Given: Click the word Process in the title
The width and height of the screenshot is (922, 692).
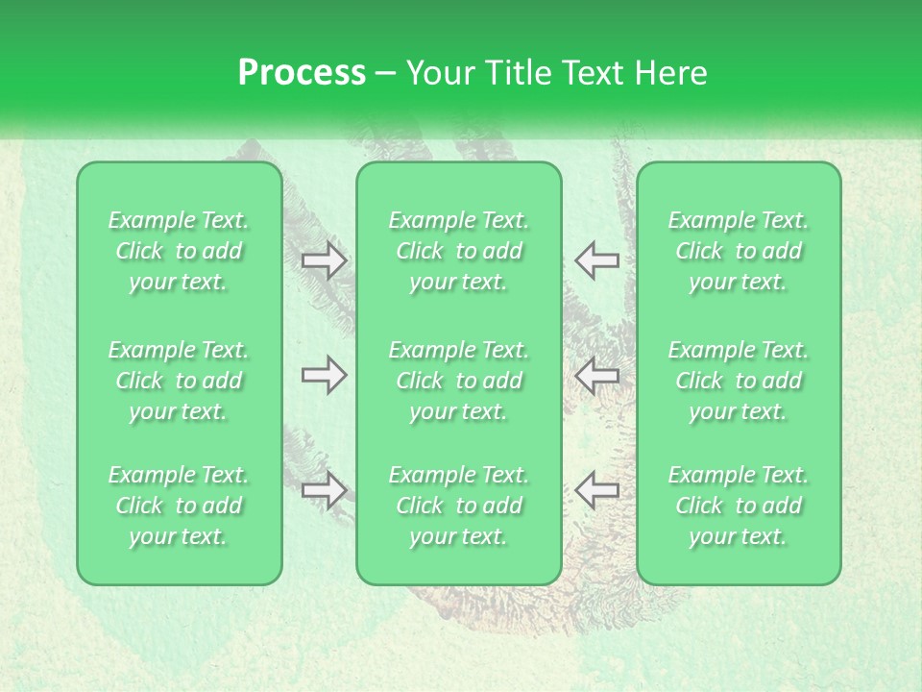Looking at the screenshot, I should tap(302, 73).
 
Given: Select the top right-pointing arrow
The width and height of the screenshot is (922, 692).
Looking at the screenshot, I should tap(324, 260).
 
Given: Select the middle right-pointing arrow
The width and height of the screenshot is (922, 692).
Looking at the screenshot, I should tap(324, 375).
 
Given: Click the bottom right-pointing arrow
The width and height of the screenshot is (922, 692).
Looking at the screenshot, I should tap(324, 490).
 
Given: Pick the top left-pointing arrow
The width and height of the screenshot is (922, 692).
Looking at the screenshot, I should tap(596, 260).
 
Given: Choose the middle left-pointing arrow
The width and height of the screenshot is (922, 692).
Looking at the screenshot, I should tap(596, 375).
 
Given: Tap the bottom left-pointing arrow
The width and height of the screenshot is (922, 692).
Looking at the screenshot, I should tap(596, 490).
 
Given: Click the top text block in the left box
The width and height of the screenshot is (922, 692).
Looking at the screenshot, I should tap(179, 251).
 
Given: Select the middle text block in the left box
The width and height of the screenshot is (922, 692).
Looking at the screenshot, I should tap(179, 381).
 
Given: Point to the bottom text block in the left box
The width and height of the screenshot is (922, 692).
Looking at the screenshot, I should tap(179, 506).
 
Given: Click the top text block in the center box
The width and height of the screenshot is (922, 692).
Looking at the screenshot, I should tap(459, 251).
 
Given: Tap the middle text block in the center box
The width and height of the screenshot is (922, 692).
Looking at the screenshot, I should tap(459, 381).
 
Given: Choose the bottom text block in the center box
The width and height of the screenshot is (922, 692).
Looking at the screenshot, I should tap(459, 506).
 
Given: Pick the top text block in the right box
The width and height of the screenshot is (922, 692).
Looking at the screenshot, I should tap(739, 251).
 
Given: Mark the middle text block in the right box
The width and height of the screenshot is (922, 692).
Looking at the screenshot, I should tap(739, 381).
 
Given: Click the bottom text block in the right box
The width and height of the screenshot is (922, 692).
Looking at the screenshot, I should tap(739, 506).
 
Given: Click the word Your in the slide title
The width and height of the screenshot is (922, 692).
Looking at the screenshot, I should tap(438, 73).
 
